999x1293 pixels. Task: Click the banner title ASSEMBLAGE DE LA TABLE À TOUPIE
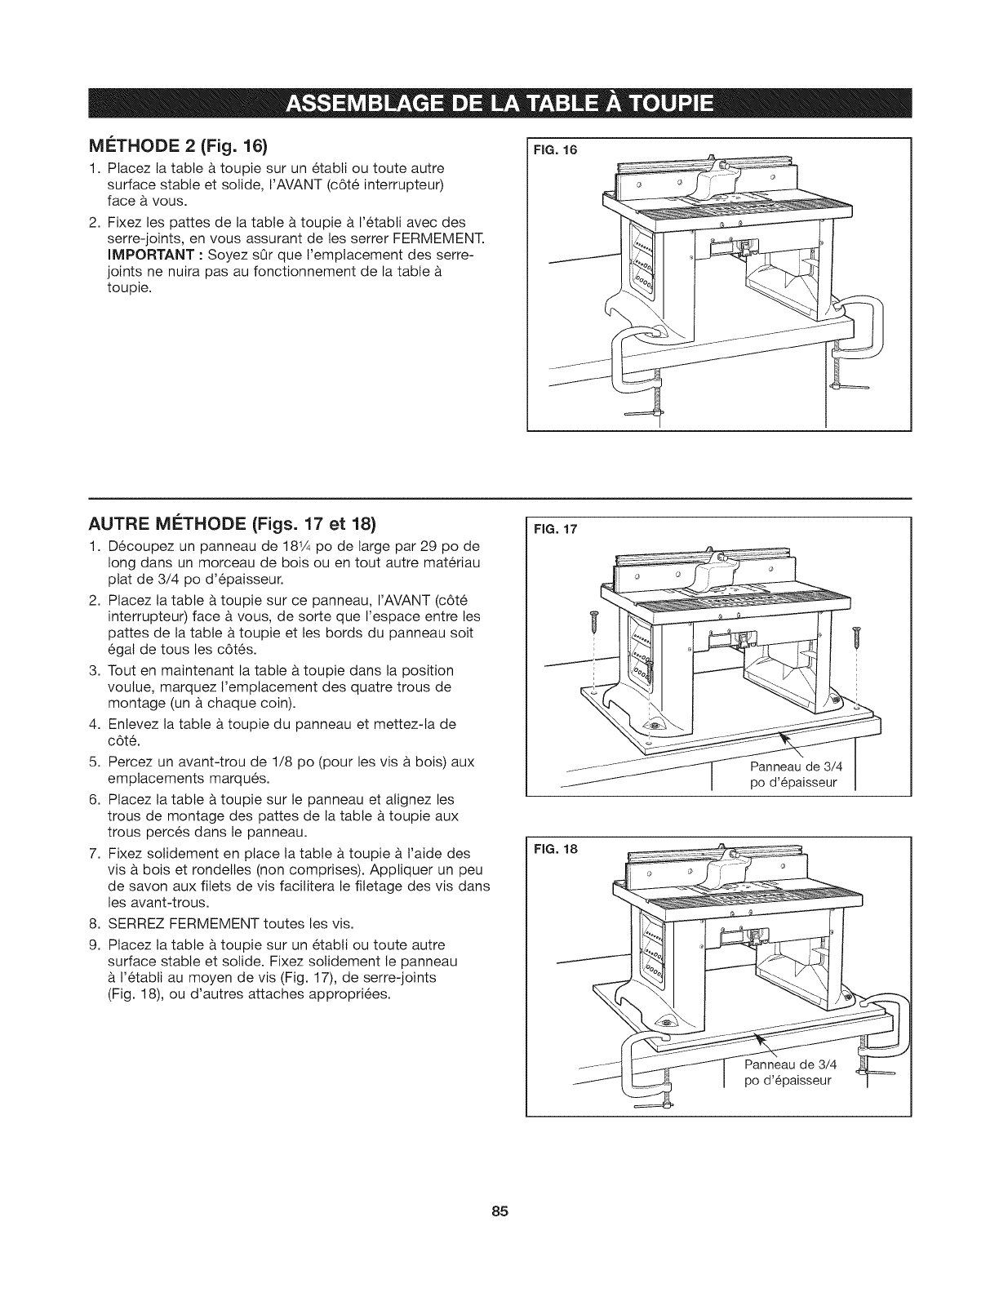pyautogui.click(x=499, y=105)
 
